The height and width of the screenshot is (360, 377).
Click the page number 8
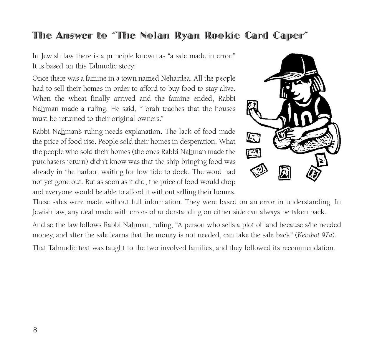click(x=35, y=330)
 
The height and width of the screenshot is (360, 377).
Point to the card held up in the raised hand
click(x=252, y=107)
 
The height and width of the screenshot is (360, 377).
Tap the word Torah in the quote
click(x=152, y=109)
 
